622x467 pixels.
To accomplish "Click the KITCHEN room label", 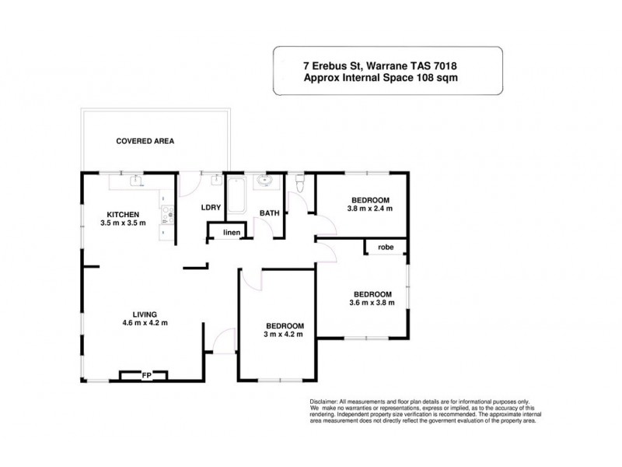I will pos(123,214).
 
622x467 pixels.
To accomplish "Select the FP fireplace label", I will pos(145,375).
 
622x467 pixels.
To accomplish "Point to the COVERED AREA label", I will pos(145,142).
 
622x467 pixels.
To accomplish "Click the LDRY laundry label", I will pos(211,208).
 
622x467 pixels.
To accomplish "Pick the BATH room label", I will pos(269,212).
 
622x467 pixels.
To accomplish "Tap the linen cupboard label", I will pos(232,232).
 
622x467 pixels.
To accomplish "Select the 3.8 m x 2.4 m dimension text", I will pos(369,209).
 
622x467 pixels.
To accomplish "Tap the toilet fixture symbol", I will pos(300,183).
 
